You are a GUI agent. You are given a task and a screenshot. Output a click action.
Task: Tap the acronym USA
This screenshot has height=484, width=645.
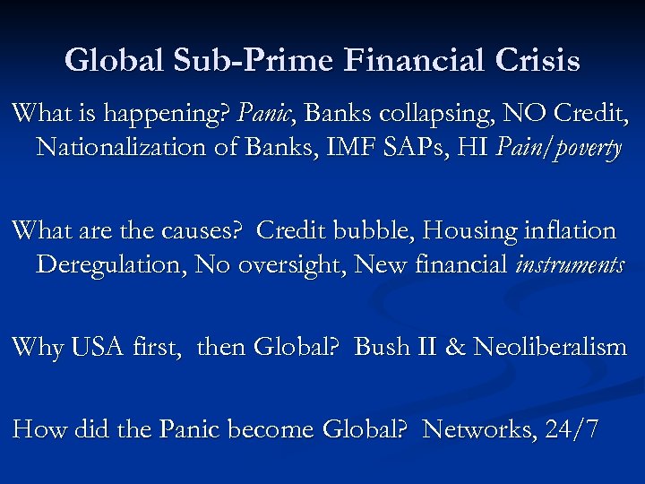point(99,347)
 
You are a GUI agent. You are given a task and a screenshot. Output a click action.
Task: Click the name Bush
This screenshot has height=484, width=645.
point(384,347)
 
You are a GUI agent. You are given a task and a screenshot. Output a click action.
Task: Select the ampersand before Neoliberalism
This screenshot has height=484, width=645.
point(456,347)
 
